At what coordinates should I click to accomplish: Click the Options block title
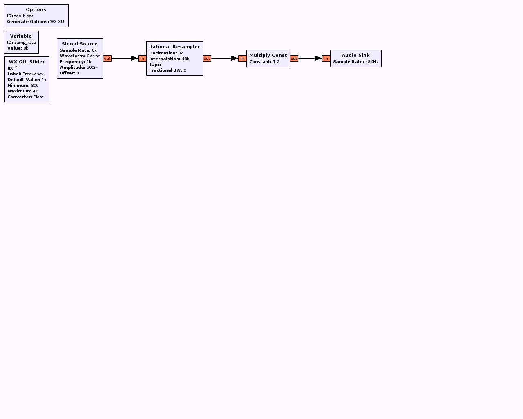pyautogui.click(x=36, y=9)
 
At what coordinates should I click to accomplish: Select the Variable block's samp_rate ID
pyautogui.click(x=25, y=43)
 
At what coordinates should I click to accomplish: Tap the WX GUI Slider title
pyautogui.click(x=27, y=62)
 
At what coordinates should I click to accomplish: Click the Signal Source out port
pyautogui.click(x=107, y=59)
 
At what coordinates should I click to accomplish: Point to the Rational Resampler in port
pyautogui.click(x=142, y=59)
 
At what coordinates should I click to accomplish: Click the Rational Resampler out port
pyautogui.click(x=207, y=59)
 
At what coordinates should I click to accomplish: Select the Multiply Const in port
pyautogui.click(x=242, y=59)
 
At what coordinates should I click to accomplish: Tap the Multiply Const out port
pyautogui.click(x=294, y=59)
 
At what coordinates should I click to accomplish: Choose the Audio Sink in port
pyautogui.click(x=326, y=59)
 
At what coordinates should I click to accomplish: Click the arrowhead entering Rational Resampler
pyautogui.click(x=134, y=58)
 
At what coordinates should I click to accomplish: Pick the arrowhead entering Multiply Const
pyautogui.click(x=235, y=58)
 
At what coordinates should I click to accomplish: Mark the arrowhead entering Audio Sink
pyautogui.click(x=318, y=58)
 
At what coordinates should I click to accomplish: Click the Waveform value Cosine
pyautogui.click(x=93, y=56)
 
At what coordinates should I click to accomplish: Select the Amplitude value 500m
pyautogui.click(x=92, y=68)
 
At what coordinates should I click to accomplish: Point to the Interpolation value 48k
pyautogui.click(x=186, y=59)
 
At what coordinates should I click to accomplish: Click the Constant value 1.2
pyautogui.click(x=276, y=62)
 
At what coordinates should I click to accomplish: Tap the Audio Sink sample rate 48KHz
pyautogui.click(x=372, y=62)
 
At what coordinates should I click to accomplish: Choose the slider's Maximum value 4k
pyautogui.click(x=35, y=91)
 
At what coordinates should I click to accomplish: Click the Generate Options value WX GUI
pyautogui.click(x=58, y=22)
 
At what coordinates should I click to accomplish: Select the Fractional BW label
pyautogui.click(x=165, y=70)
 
